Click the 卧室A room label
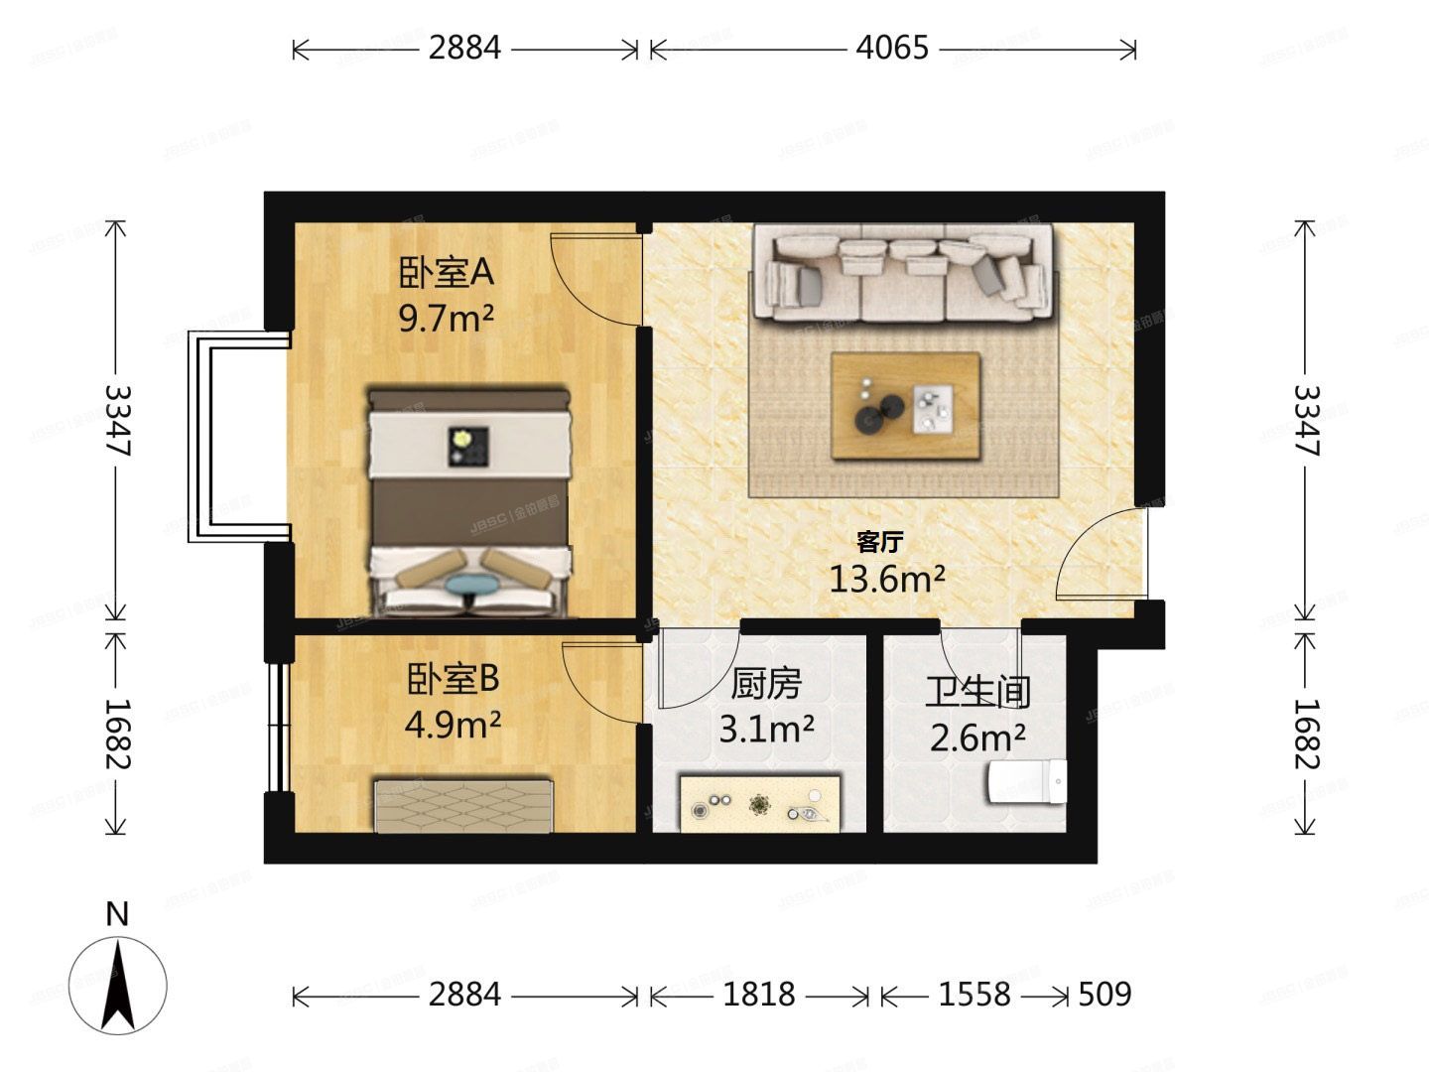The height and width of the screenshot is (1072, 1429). pos(446,271)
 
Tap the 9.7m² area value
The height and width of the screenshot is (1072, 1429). pos(446,319)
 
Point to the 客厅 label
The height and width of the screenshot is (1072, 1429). pos(879,542)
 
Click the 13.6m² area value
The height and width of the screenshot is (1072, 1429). pos(886,579)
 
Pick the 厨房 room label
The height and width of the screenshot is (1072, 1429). pos(766,684)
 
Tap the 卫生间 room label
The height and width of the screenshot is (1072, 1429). pos(977,692)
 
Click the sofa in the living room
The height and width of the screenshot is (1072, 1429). pos(902,273)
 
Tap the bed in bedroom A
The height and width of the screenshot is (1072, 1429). pos(470,501)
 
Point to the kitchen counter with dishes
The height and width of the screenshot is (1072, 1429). pos(760,803)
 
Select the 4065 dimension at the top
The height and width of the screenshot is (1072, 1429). pos(892,48)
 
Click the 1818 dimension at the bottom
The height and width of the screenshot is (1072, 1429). pos(759,995)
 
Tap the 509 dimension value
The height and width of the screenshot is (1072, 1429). pos(1104,995)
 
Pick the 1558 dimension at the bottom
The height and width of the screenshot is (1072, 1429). pos(974,995)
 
